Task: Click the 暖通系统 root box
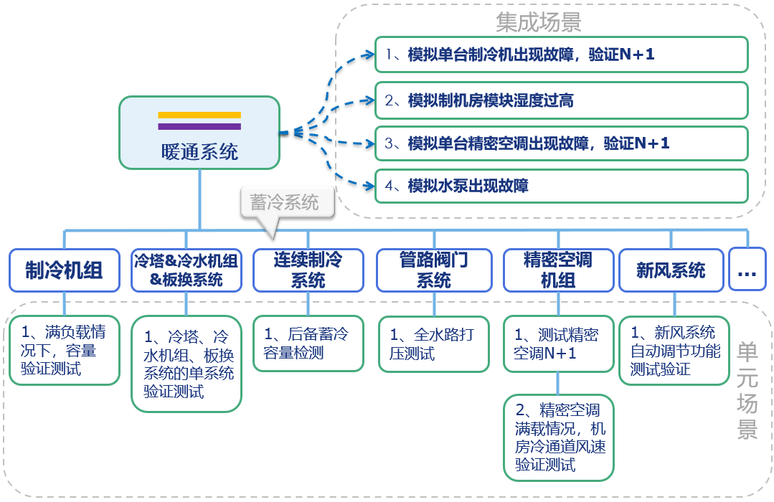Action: (199, 134)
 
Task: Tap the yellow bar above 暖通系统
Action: (199, 115)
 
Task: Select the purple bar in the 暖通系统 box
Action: (199, 126)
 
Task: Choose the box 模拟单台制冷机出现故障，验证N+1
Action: (561, 55)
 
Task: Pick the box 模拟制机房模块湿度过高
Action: (561, 100)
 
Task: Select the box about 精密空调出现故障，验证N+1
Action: (561, 143)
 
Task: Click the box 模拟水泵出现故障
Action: (561, 186)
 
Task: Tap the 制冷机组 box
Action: (65, 270)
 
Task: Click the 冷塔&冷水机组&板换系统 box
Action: (187, 270)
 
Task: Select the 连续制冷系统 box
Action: (308, 270)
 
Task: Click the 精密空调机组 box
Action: (558, 270)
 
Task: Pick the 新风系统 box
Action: (671, 270)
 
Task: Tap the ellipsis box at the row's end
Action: (747, 270)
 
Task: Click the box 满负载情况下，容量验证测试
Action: (65, 351)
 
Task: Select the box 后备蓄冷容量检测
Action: (308, 344)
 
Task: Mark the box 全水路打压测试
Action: (434, 344)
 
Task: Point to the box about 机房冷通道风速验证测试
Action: (559, 437)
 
